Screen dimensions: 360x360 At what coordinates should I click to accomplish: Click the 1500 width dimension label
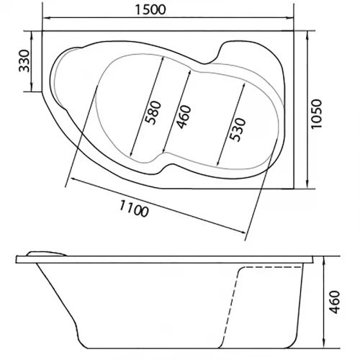click(x=150, y=9)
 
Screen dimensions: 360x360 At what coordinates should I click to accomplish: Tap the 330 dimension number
click(x=24, y=61)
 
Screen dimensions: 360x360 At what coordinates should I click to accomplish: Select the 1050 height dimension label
click(x=316, y=114)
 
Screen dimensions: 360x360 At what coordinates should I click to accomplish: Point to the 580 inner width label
click(x=154, y=113)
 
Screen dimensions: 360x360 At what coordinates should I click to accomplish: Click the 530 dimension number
click(x=238, y=130)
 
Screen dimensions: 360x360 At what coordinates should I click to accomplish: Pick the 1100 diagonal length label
click(x=134, y=209)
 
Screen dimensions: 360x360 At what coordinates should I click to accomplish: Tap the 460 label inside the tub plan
click(x=184, y=117)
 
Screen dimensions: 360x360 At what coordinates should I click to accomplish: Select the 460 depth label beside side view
click(x=334, y=302)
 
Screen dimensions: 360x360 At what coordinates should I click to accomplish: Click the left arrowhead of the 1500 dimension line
click(x=45, y=17)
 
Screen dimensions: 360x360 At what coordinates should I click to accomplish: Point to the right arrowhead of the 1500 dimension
click(x=290, y=17)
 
